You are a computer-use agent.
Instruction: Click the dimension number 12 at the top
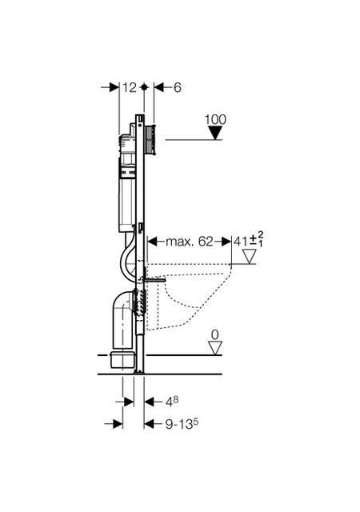130,87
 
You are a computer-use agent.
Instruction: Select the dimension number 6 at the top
178,87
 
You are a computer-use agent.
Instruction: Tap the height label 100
215,119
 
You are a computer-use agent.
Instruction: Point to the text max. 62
190,242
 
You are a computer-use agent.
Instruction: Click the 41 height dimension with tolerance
248,240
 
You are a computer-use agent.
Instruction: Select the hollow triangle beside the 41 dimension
250,257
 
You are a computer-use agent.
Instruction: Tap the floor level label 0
214,334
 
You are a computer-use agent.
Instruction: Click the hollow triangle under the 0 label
215,348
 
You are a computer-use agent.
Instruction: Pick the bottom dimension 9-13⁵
182,424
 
